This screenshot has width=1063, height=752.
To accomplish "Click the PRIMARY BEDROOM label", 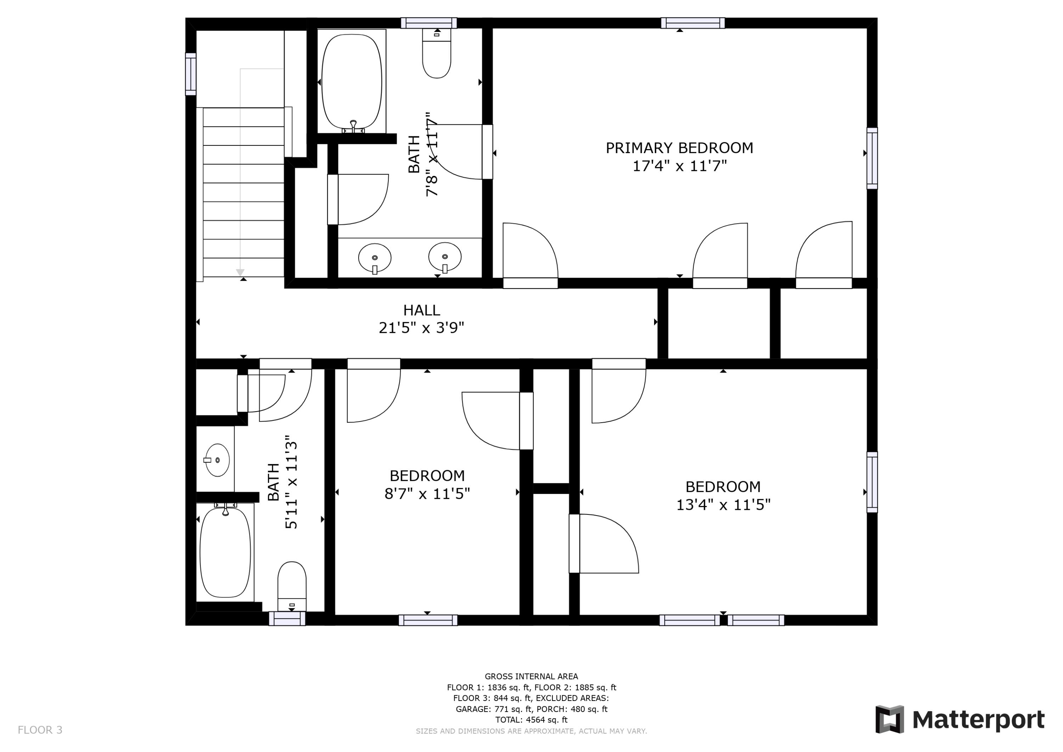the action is click(x=679, y=148).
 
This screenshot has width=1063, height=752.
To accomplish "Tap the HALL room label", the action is click(x=421, y=310).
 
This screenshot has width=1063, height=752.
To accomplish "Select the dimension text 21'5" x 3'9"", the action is click(x=421, y=328).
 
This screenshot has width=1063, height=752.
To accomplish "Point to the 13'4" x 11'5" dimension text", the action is click(x=723, y=505).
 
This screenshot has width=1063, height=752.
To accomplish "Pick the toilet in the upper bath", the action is click(x=437, y=53).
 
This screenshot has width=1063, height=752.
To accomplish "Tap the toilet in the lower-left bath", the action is click(x=292, y=586).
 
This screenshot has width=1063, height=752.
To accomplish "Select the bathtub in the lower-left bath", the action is click(x=225, y=552).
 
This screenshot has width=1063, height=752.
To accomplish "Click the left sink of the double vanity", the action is click(x=375, y=258).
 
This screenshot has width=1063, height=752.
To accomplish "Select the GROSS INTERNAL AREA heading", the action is click(x=531, y=676).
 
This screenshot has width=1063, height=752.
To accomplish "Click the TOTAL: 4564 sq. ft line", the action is click(x=531, y=720).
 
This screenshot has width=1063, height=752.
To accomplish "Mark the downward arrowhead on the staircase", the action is click(x=240, y=272).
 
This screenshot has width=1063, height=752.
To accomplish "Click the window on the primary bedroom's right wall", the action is click(x=872, y=158).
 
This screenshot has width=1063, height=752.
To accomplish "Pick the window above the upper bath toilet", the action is click(x=429, y=23).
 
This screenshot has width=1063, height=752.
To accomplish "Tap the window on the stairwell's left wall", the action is click(x=191, y=74).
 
